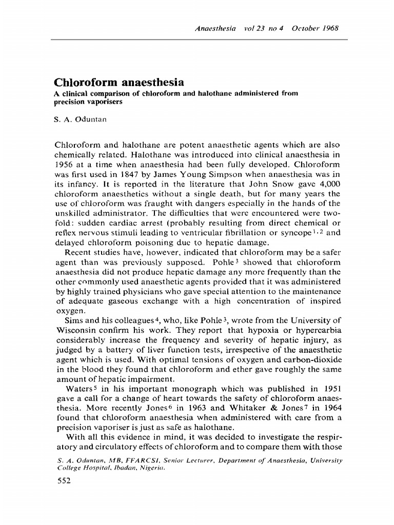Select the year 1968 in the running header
(x=329, y=28)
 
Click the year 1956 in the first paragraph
(x=64, y=165)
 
